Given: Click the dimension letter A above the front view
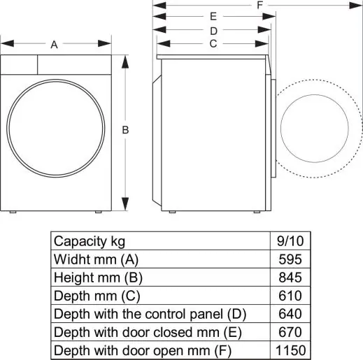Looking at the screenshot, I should (x=54, y=45).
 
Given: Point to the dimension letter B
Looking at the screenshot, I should (x=125, y=130).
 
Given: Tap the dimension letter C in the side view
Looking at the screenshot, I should (x=213, y=43).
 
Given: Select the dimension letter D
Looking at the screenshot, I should (x=213, y=30).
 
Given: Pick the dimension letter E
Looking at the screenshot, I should (x=213, y=16).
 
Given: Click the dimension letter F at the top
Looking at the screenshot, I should (x=259, y=5).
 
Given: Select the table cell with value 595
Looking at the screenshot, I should (x=291, y=259).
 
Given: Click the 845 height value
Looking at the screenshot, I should (x=291, y=277).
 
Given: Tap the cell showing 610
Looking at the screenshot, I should (x=291, y=295).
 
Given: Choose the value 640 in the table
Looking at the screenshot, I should (x=291, y=313).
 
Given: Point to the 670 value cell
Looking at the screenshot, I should (x=291, y=331).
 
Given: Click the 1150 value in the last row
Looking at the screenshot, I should (x=291, y=350).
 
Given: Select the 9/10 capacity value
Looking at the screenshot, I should (x=291, y=240).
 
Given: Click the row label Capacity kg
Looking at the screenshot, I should (x=90, y=241).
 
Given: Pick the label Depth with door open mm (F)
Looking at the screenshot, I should (x=142, y=350).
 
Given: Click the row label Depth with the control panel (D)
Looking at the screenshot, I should (x=150, y=313).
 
